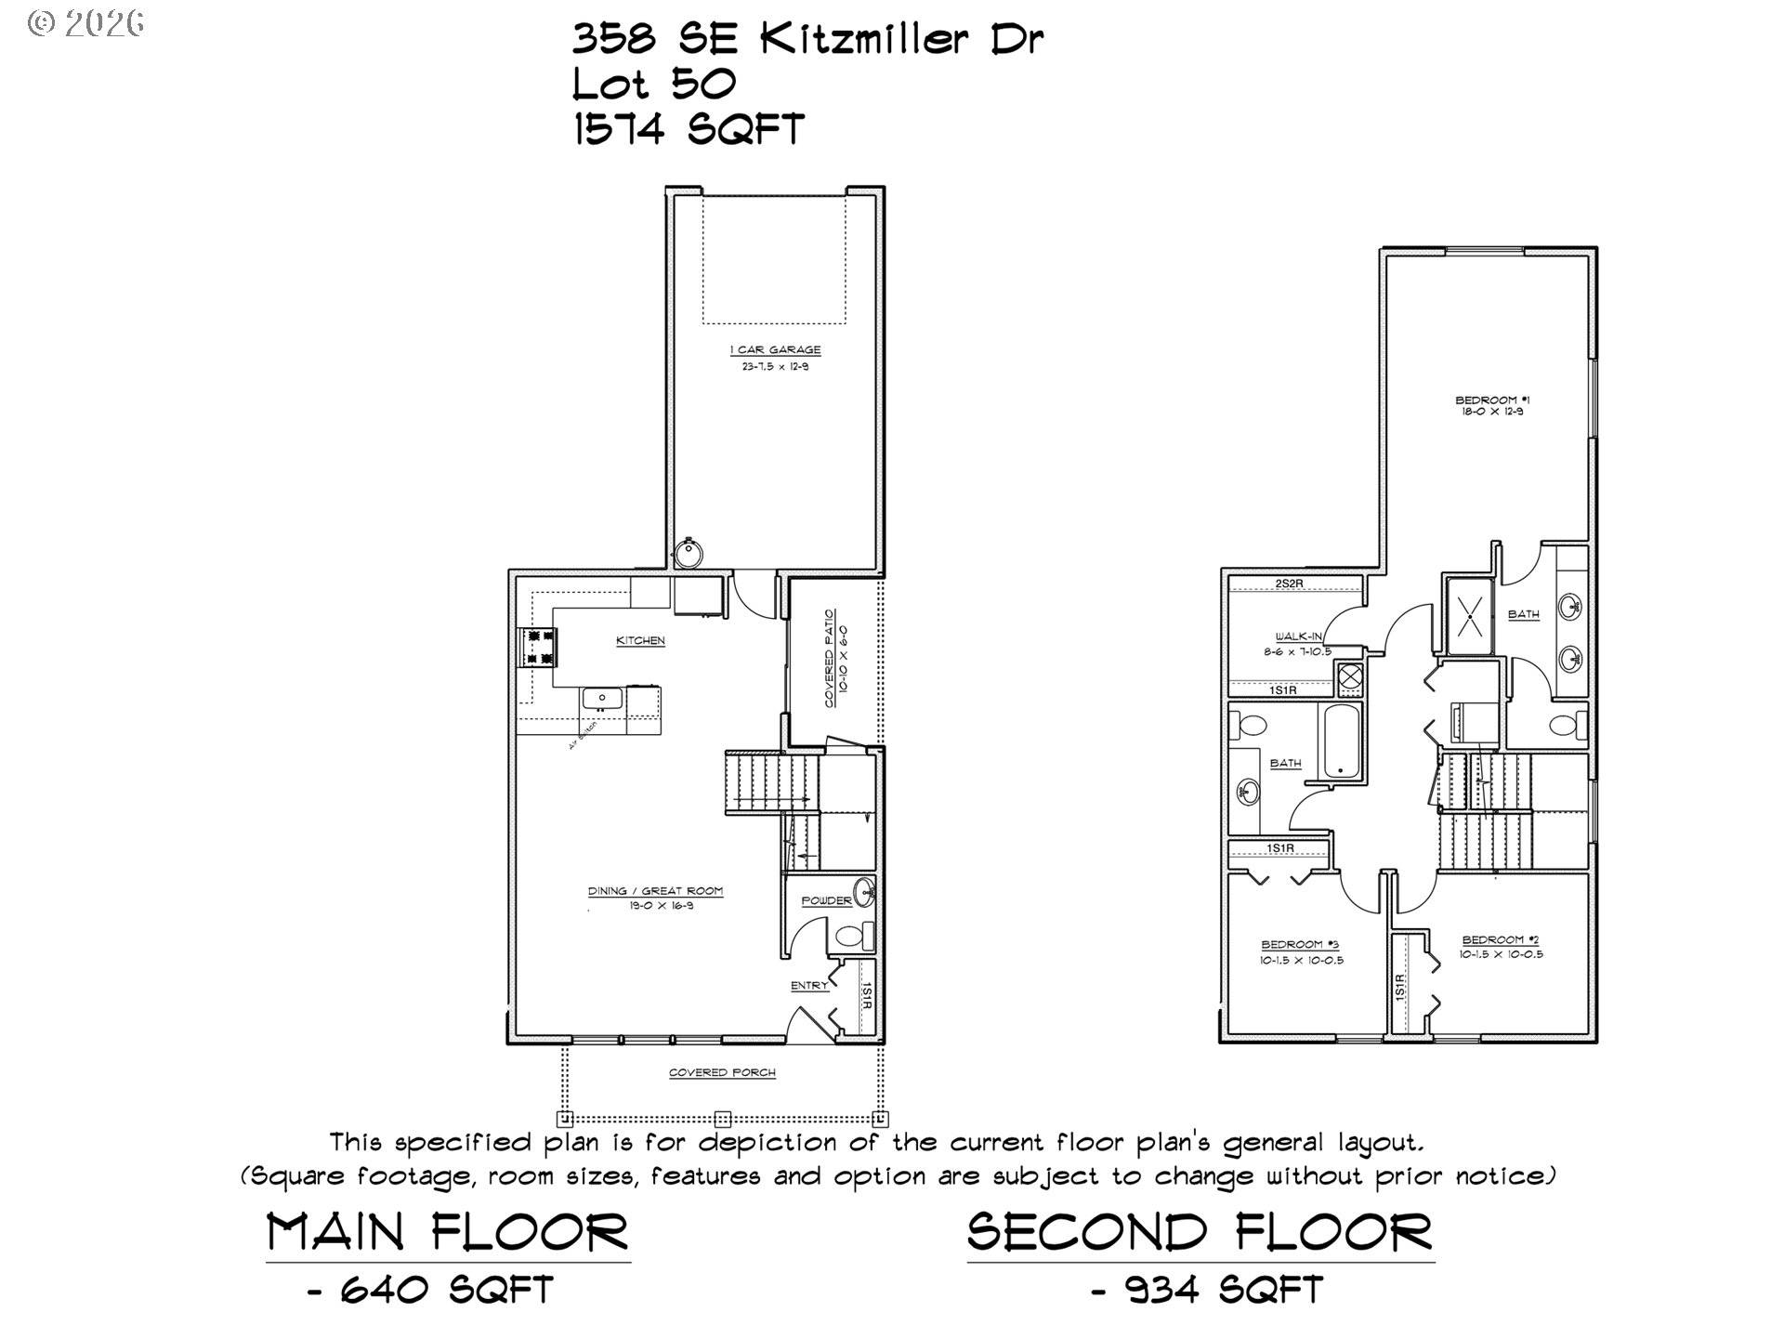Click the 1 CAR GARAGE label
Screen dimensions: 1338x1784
775,350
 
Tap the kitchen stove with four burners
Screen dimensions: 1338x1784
540,648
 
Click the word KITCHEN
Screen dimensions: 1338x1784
640,641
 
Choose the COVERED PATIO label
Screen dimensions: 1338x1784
830,658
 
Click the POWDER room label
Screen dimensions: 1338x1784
826,900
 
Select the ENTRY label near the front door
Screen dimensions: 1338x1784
809,986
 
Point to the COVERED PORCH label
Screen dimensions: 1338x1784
722,1073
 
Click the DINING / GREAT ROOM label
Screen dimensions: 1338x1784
655,891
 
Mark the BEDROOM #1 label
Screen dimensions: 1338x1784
1486,400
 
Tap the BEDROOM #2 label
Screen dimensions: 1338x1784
1500,940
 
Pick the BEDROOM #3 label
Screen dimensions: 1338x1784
1300,945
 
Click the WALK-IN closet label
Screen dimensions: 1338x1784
1298,636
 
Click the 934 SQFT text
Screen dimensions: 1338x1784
1224,1290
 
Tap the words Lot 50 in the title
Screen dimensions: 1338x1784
654,85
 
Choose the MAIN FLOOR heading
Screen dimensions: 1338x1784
448,1233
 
